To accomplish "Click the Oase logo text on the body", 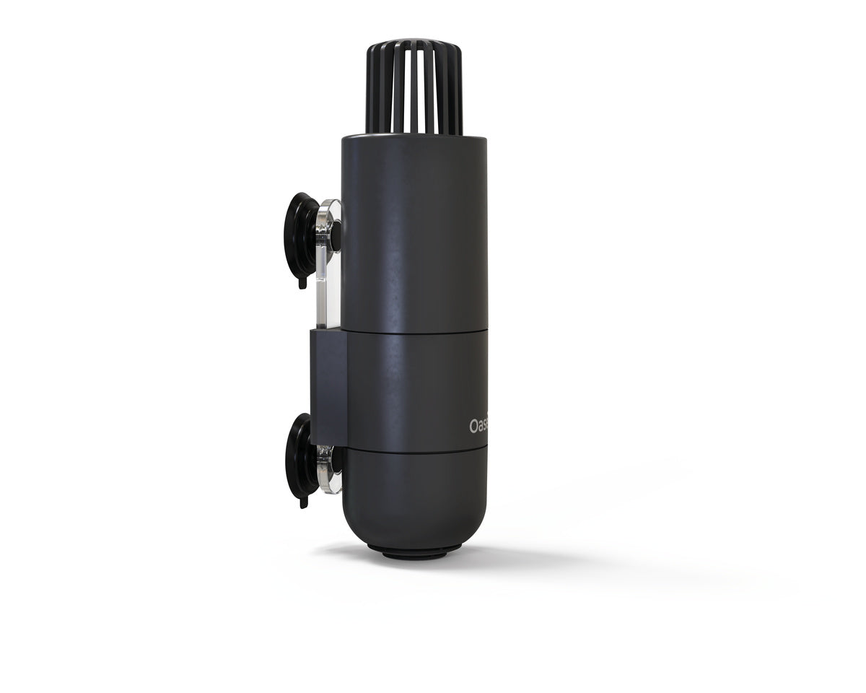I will [x=478, y=427].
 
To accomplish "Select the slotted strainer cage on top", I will [x=415, y=90].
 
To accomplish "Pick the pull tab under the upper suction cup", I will [x=302, y=282].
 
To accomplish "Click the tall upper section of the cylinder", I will [x=415, y=231].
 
